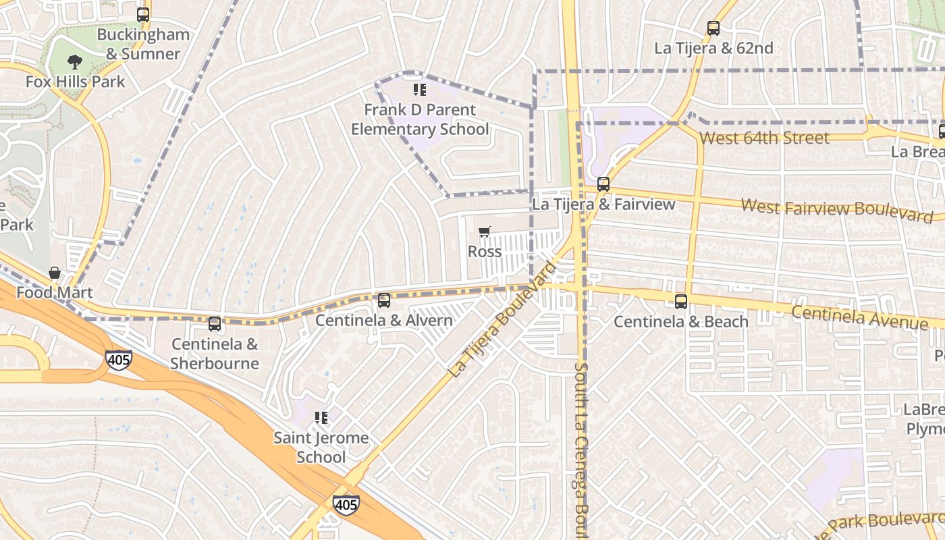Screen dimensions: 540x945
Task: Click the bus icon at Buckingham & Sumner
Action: (x=142, y=14)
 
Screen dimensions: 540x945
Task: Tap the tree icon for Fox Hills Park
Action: (x=75, y=62)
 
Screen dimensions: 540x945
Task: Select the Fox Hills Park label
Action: (x=75, y=82)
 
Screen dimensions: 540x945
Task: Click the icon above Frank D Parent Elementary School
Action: (x=420, y=90)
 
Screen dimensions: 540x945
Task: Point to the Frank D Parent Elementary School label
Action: (x=420, y=119)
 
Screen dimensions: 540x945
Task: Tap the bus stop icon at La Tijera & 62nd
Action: (x=713, y=28)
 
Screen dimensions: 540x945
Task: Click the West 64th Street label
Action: (x=764, y=138)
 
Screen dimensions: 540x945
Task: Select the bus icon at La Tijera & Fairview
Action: (x=603, y=184)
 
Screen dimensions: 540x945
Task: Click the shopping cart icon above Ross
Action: (x=484, y=232)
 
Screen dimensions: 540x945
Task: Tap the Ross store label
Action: (x=485, y=252)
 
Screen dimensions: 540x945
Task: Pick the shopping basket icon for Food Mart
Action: (x=55, y=273)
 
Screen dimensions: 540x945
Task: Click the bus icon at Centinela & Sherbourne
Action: (x=215, y=324)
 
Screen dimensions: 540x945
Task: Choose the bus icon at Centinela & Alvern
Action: (x=384, y=300)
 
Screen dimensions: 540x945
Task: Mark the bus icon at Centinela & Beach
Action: (x=681, y=302)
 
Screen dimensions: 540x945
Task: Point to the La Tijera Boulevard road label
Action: (x=502, y=319)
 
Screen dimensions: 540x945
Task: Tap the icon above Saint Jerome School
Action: (x=321, y=418)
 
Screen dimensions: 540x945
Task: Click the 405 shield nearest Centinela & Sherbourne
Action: (x=118, y=360)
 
